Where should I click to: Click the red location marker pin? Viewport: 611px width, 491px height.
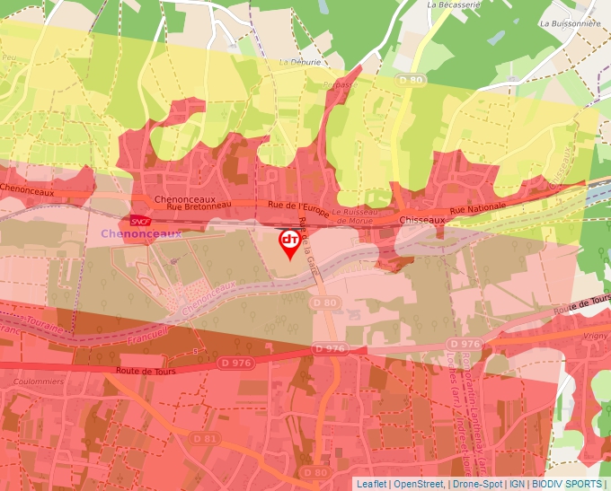(x=289, y=243)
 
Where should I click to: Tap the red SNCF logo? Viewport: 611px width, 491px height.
(x=140, y=220)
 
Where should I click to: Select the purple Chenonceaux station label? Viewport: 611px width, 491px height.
(x=141, y=233)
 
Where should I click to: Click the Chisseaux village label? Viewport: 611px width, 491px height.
(x=421, y=219)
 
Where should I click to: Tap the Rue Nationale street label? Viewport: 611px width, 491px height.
(x=477, y=208)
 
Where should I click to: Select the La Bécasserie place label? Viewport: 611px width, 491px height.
(x=455, y=4)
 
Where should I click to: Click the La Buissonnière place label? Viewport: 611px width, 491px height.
(x=571, y=24)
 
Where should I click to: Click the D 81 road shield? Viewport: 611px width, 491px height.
(x=206, y=438)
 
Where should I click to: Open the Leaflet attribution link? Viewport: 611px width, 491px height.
(x=371, y=484)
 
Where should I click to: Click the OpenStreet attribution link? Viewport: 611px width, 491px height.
(x=419, y=484)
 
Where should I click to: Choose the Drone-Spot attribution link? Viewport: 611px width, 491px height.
(x=477, y=484)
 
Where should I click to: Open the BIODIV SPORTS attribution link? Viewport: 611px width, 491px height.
(x=566, y=484)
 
